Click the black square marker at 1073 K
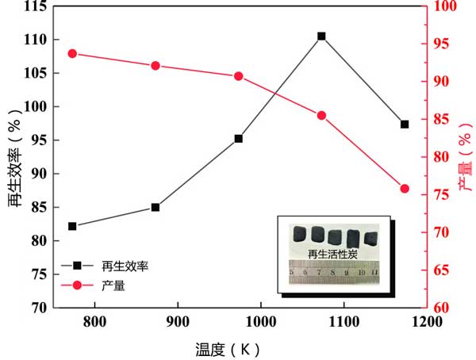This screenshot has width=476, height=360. click(x=321, y=36)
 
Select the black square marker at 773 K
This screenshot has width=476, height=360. click(x=72, y=226)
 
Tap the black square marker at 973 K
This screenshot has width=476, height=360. click(x=238, y=139)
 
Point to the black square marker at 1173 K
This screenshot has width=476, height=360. click(x=405, y=124)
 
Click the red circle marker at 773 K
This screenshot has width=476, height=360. click(x=72, y=54)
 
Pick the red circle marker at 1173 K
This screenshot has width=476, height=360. click(x=405, y=189)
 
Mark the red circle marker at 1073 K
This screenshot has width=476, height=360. click(x=321, y=116)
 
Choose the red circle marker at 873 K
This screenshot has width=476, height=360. click(x=155, y=66)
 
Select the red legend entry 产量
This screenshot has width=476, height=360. click(x=112, y=284)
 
